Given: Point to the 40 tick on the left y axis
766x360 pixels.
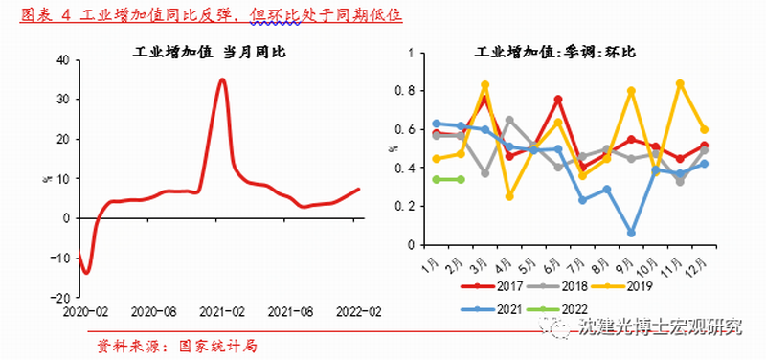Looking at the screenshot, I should click(62, 59).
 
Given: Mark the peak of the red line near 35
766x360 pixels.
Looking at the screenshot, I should click(222, 79).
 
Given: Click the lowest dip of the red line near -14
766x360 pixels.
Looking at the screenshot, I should click(86, 273).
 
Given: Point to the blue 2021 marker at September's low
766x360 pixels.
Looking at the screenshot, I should click(631, 233).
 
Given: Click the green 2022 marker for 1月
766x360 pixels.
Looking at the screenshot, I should click(437, 179).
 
